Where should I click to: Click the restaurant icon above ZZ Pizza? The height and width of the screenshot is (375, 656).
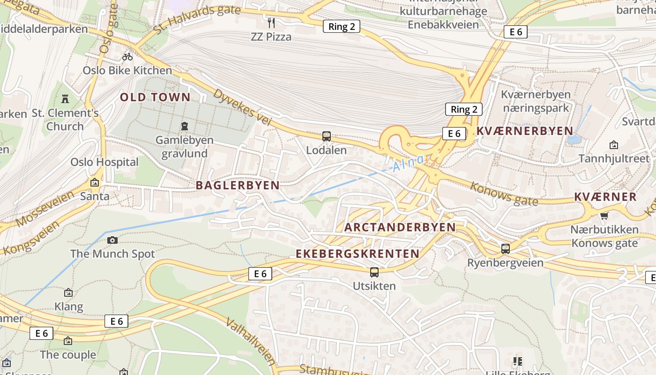pos(271,22)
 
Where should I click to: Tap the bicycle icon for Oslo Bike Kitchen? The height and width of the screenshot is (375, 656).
pos(127,57)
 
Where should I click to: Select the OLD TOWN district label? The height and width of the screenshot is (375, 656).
pos(155,97)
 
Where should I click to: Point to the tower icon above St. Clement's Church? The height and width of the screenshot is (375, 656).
pos(65,99)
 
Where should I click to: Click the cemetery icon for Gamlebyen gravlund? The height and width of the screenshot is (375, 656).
pos(185,126)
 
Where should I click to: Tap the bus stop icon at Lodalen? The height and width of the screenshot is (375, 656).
pos(327,136)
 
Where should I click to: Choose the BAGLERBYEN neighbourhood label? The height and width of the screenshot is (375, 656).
pos(238,185)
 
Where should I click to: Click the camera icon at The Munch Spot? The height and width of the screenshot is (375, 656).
pos(112,240)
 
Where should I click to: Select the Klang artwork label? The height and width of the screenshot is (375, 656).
pos(68,307)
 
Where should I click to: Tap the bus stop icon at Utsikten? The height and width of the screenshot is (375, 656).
pos(374,272)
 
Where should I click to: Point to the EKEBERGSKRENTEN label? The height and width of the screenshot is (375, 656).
pos(358,254)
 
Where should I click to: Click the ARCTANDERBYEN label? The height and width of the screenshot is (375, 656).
pos(400,227)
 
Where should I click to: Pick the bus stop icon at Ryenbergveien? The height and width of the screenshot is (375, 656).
pos(505,248)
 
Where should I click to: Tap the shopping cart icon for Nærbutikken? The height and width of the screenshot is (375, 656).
pos(604,216)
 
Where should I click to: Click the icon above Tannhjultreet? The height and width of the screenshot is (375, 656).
pos(613,145)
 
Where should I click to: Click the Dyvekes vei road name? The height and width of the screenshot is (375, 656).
pos(242,107)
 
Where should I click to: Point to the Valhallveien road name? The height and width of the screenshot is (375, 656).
pos(251,342)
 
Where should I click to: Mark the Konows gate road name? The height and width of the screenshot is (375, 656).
pos(504,194)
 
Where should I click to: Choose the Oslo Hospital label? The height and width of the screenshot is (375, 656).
pos(104,162)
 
